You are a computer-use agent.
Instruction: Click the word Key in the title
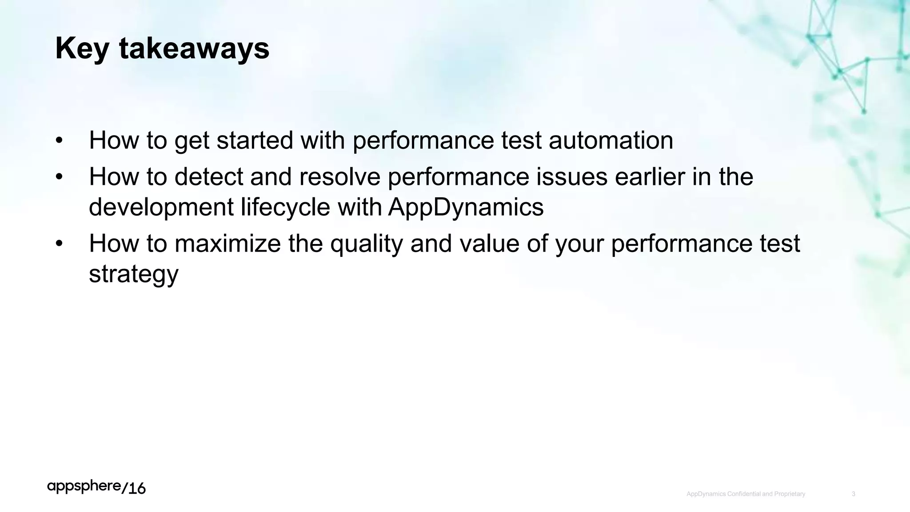point(82,49)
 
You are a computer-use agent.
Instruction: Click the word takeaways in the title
point(194,49)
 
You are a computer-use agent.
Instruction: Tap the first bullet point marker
point(60,141)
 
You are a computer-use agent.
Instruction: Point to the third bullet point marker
point(60,244)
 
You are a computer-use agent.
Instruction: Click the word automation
point(611,141)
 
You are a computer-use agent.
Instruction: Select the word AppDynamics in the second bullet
point(466,208)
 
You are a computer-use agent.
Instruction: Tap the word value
point(489,244)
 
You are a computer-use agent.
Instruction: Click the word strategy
point(133,274)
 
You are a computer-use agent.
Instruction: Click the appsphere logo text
point(84,487)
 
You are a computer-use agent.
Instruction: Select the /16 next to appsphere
point(133,488)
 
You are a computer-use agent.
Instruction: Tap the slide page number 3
point(854,494)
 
